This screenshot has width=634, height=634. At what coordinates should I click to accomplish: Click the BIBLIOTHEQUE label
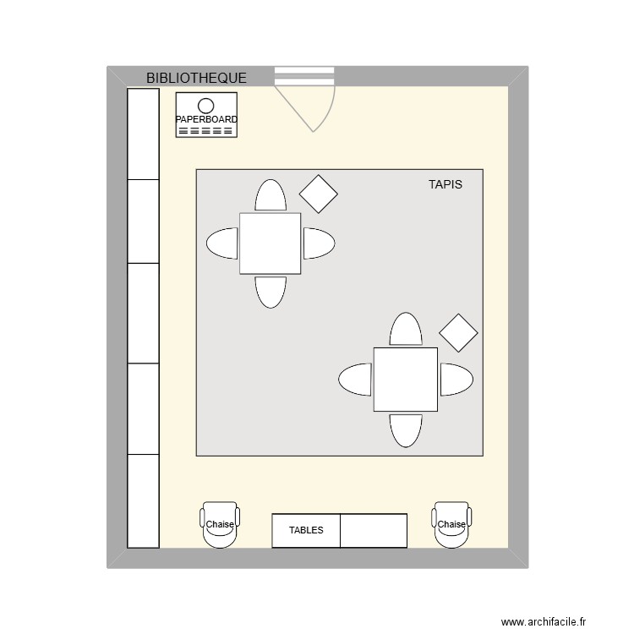[x=196, y=78]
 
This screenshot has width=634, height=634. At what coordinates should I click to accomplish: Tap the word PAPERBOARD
[x=206, y=119]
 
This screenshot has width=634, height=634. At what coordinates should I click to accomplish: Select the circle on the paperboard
[x=205, y=106]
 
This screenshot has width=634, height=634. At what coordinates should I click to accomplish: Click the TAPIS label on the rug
[x=445, y=184]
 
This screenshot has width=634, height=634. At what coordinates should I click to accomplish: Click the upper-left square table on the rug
[x=271, y=243]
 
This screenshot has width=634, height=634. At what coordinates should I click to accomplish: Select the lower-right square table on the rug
[x=406, y=380]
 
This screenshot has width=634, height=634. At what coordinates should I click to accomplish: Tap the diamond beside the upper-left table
[x=318, y=194]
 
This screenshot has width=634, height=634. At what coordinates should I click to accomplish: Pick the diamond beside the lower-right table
[x=458, y=333]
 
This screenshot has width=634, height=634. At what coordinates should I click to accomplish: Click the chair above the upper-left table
[x=271, y=195]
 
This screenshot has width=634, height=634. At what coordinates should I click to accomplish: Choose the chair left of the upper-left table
[x=222, y=243]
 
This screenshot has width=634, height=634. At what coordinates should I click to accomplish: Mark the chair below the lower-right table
[x=406, y=430]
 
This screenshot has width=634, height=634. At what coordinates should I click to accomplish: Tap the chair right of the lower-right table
[x=456, y=380]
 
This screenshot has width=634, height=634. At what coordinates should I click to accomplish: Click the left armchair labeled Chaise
[x=220, y=525]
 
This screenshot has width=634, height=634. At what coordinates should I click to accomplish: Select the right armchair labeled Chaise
[x=451, y=525]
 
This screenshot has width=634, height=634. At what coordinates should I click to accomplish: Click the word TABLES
[x=306, y=530]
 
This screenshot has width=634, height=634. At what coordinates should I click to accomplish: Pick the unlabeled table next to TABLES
[x=374, y=531]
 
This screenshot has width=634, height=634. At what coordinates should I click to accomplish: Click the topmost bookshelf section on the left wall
[x=143, y=134]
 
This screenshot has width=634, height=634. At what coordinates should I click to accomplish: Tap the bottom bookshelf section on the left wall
[x=143, y=501]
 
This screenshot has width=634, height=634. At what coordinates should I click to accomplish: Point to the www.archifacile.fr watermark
[x=544, y=621]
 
